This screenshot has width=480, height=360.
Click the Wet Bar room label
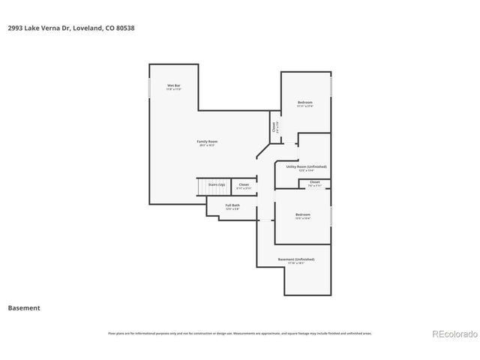pos(173,86)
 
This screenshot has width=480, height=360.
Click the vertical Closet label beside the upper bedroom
pos(274,127)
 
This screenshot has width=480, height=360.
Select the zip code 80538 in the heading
pos(125,28)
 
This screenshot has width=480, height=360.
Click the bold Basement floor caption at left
pos(24,307)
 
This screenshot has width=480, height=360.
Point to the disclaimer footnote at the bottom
pos(240,333)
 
